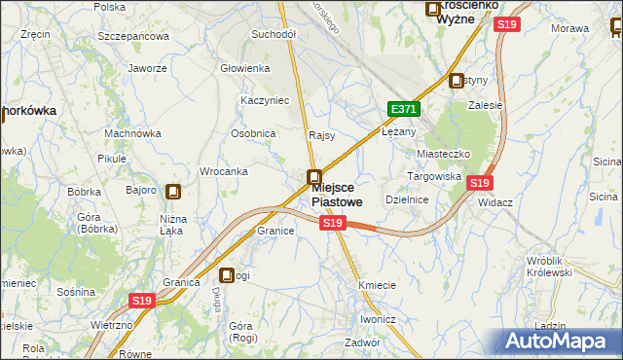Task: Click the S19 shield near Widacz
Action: click(x=479, y=182)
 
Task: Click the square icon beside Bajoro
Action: click(x=173, y=193)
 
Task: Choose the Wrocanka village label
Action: click(x=223, y=171)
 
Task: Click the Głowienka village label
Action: click(x=244, y=68)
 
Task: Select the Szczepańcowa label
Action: click(x=133, y=36)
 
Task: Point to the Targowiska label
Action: click(x=433, y=176)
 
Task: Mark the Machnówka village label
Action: click(x=132, y=133)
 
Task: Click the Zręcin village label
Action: click(x=35, y=34)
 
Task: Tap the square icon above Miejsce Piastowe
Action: click(x=313, y=177)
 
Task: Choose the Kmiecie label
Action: click(x=377, y=285)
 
